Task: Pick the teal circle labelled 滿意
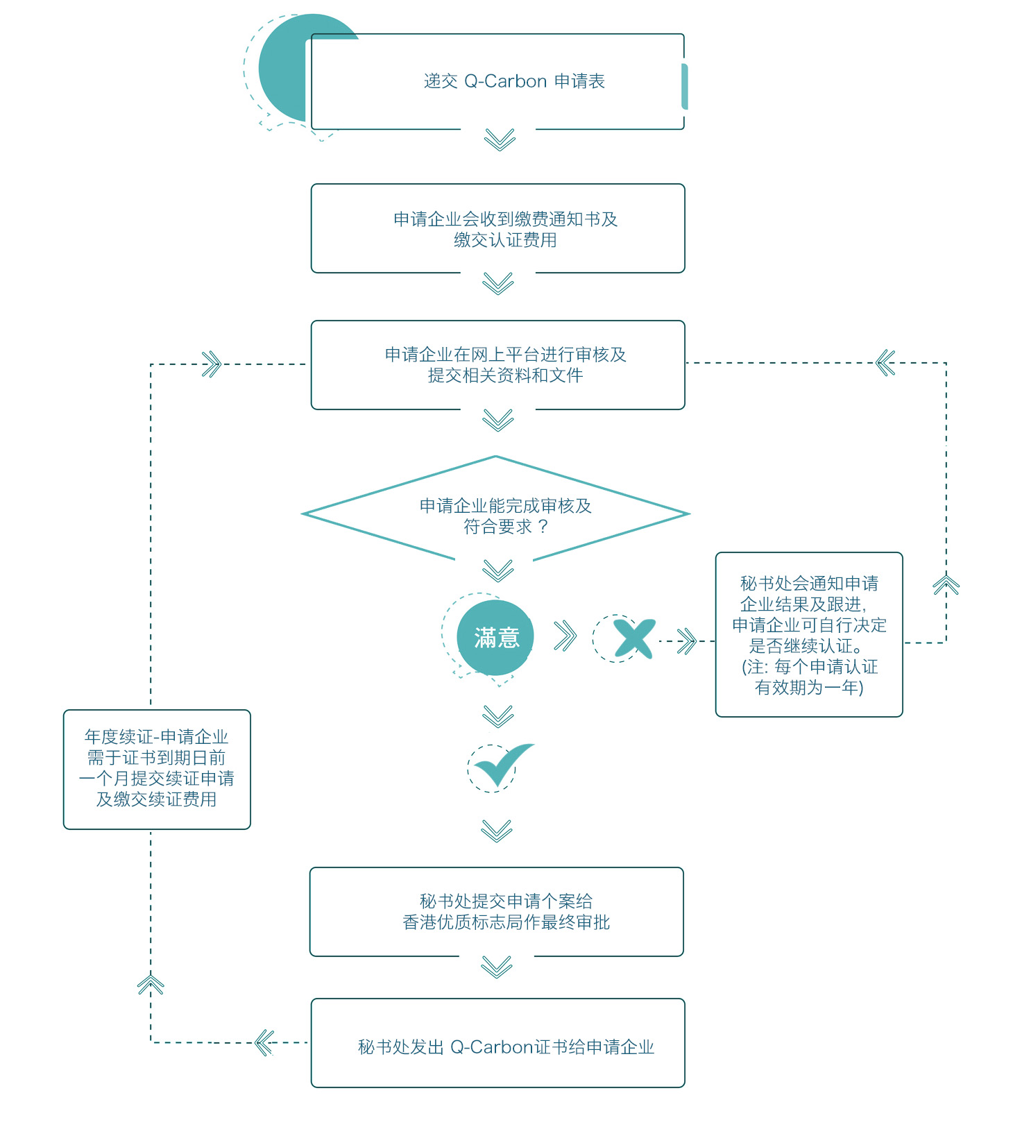(x=495, y=638)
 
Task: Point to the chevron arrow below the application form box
(x=500, y=139)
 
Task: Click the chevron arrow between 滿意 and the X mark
(x=565, y=636)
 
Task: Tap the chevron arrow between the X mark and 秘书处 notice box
(x=687, y=641)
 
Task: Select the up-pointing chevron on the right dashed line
(x=946, y=585)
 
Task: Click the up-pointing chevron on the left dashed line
(x=151, y=985)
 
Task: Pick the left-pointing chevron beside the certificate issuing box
(x=264, y=1042)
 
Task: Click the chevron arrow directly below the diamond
(x=498, y=570)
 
